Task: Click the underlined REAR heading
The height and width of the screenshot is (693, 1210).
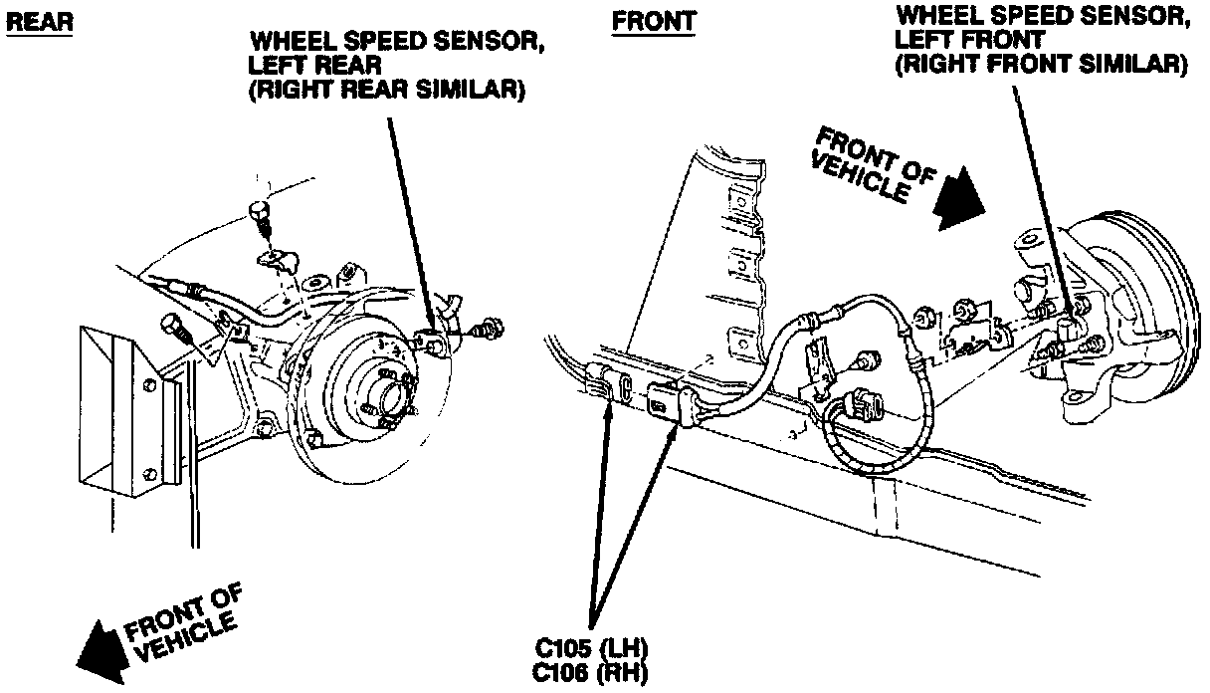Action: click(x=39, y=22)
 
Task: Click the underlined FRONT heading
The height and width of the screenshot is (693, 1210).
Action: click(x=654, y=21)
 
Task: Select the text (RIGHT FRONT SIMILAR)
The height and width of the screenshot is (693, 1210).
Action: click(x=1041, y=64)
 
